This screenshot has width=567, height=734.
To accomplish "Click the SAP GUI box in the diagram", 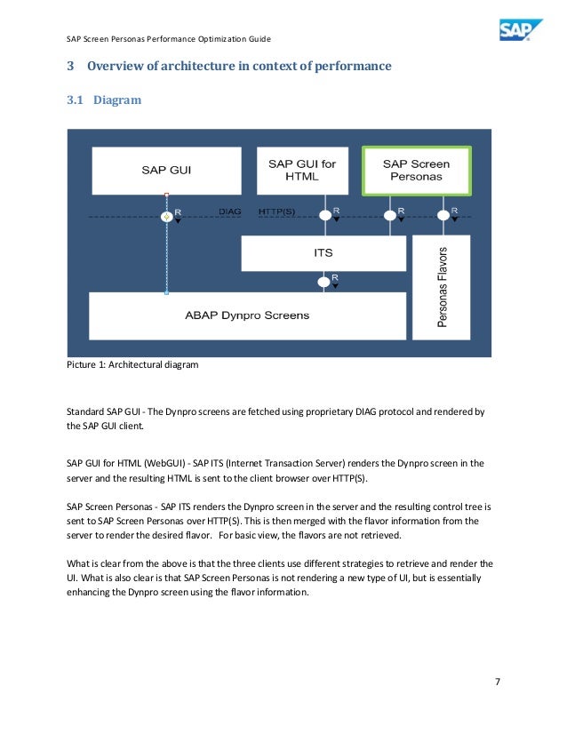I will (x=166, y=170).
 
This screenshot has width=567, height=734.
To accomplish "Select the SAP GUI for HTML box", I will (x=302, y=170).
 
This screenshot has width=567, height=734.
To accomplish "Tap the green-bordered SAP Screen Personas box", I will (x=416, y=170).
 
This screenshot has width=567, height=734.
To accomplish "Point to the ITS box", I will (x=323, y=253).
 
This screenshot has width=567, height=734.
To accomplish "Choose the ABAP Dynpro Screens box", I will (x=247, y=315).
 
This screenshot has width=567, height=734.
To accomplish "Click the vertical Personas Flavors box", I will (x=442, y=287).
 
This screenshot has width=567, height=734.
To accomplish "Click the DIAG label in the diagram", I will (x=230, y=211).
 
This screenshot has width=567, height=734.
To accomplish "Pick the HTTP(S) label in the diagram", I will (x=277, y=211).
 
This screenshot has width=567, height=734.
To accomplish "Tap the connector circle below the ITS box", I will (x=323, y=283).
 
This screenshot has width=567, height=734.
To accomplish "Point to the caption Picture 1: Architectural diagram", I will (x=132, y=364).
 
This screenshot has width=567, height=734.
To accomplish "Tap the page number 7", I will (x=498, y=682).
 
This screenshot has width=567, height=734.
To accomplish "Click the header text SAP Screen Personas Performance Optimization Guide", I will (x=169, y=39).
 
